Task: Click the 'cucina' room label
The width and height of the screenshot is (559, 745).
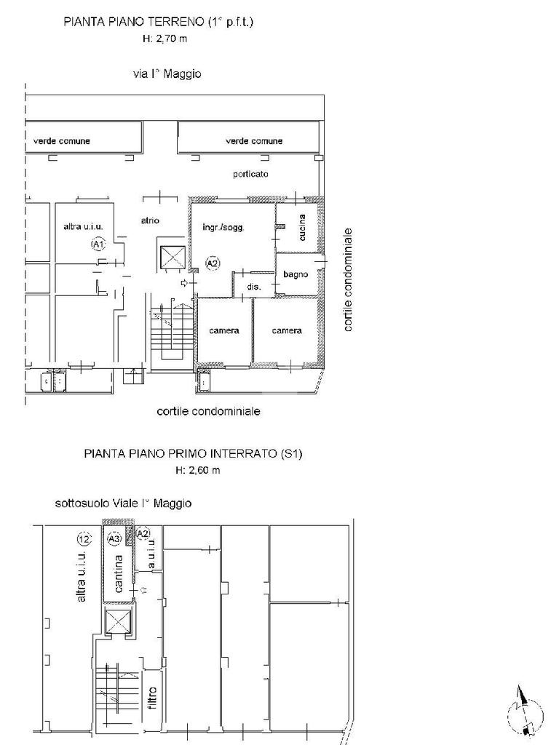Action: (302, 227)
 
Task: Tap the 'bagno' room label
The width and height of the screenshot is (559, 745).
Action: (296, 274)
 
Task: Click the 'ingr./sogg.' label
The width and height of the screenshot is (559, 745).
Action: (223, 228)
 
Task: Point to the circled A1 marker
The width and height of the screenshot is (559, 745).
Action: (98, 244)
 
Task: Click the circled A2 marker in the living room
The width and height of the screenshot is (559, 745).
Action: (213, 263)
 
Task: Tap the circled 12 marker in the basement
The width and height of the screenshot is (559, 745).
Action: (84, 539)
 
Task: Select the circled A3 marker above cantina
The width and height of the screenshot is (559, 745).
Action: (114, 539)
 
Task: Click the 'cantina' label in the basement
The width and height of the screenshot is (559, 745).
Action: (119, 573)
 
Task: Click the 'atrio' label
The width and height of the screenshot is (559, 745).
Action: (150, 220)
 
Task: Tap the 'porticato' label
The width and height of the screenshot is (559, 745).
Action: (250, 175)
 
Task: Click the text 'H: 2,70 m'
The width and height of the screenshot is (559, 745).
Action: (165, 39)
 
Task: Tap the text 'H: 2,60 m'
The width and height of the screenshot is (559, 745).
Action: (198, 471)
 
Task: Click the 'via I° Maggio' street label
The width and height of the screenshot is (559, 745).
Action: (167, 74)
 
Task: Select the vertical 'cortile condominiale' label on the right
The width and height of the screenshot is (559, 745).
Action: (349, 280)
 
